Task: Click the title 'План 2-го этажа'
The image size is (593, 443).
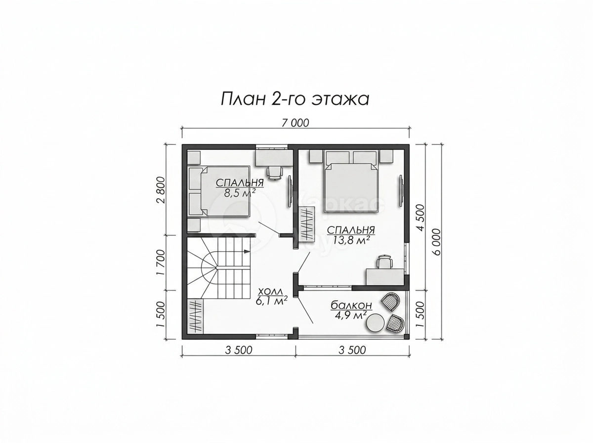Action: tap(295, 99)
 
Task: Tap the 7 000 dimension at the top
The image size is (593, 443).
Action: tap(295, 123)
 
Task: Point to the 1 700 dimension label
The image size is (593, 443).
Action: tap(161, 263)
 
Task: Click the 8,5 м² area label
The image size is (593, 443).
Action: tap(240, 193)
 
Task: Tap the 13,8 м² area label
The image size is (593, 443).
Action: tap(351, 240)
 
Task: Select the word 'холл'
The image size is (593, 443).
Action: tap(270, 291)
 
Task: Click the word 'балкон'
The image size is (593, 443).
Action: tap(351, 306)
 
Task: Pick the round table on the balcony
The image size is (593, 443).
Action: tap(376, 322)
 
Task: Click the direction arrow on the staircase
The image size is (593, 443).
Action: tap(246, 252)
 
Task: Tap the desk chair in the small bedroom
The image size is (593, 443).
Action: tap(275, 172)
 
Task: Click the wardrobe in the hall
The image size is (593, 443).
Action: tap(196, 316)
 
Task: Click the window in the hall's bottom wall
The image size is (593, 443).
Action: tap(272, 336)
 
